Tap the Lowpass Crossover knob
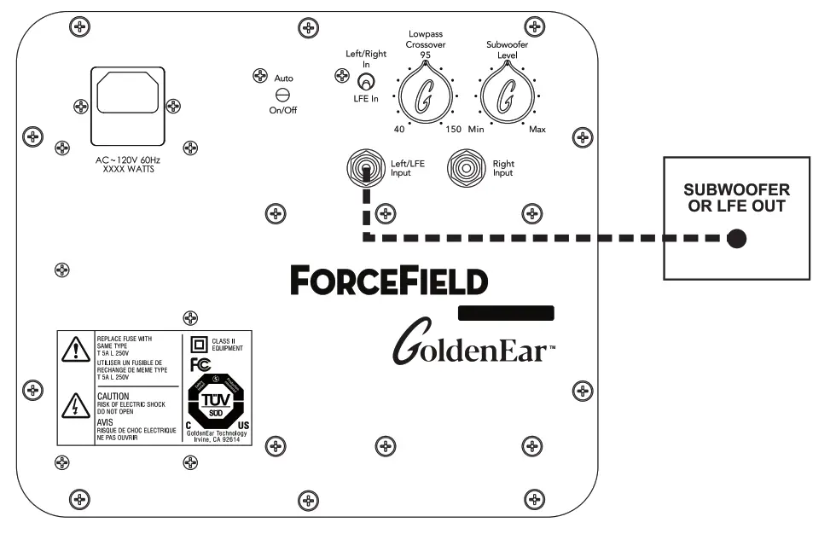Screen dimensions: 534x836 pyautogui.click(x=424, y=96)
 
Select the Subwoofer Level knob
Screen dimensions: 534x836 pyautogui.click(x=507, y=96)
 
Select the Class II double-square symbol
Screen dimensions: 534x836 pyautogui.click(x=199, y=344)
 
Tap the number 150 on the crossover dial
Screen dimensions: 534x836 pyautogui.click(x=453, y=130)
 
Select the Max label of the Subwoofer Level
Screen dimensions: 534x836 pyautogui.click(x=537, y=130)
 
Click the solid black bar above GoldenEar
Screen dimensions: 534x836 pyautogui.click(x=507, y=312)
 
